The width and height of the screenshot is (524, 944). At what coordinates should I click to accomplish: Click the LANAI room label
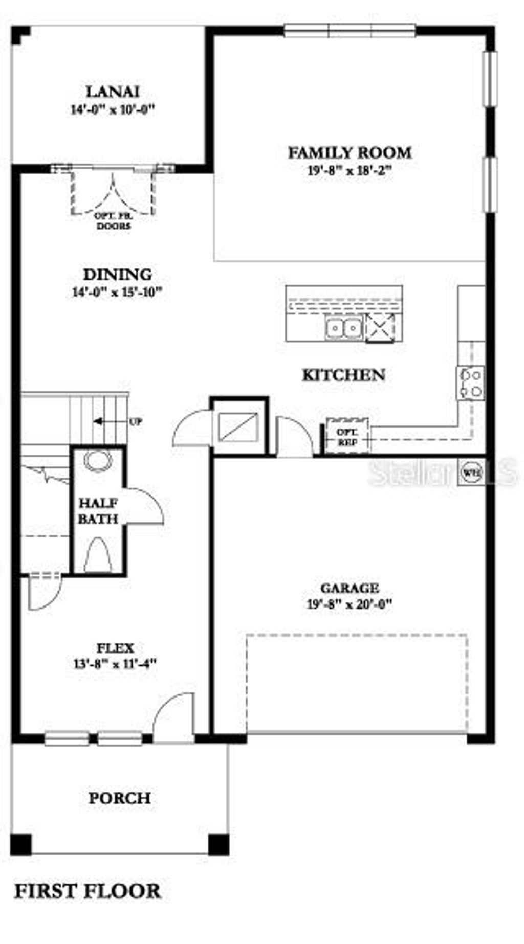112,92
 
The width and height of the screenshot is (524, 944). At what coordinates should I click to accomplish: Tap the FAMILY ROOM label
350,152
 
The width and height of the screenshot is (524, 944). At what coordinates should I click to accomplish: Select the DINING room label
118,275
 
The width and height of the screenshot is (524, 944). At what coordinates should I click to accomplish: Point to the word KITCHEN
343,375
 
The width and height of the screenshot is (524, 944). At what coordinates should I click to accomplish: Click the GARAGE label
350,588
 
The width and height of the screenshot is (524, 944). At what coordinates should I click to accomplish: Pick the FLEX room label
116,648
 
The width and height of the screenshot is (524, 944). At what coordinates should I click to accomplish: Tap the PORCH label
120,798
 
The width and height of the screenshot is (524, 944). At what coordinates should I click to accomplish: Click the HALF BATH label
98,511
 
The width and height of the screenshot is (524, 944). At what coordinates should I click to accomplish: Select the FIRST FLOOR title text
87,891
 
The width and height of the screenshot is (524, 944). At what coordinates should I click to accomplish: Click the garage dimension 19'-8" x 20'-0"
350,604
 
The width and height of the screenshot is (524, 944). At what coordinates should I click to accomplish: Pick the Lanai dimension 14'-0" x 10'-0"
112,109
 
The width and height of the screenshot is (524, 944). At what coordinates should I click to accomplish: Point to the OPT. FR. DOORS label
113,221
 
